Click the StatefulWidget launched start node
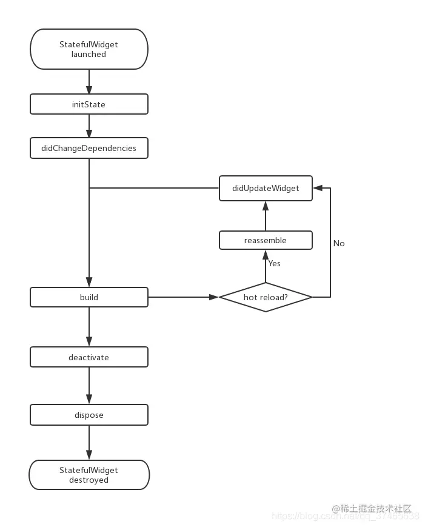(89, 49)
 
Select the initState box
(89, 104)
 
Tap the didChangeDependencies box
(89, 148)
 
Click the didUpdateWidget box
(266, 188)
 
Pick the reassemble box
(266, 240)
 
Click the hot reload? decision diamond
(266, 297)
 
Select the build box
(89, 297)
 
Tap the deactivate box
(89, 357)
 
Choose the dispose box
(89, 415)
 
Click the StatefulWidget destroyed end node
(89, 475)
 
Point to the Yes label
(275, 264)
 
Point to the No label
(339, 243)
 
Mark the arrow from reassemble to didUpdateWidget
(266, 215)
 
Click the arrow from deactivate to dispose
(89, 386)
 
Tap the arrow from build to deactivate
(89, 327)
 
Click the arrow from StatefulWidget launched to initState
(89, 81)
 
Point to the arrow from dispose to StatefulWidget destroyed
(89, 442)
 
